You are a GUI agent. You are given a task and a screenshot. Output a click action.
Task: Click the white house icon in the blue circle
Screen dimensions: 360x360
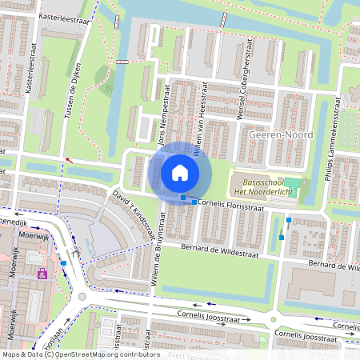(x=180, y=172)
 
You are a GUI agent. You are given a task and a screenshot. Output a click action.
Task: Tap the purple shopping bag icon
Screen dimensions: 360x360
(x=42, y=274)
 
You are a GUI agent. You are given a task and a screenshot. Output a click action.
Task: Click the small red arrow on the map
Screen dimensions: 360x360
(x=69, y=160)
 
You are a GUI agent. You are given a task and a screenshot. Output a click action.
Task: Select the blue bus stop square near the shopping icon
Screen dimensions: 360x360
(x=62, y=262)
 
